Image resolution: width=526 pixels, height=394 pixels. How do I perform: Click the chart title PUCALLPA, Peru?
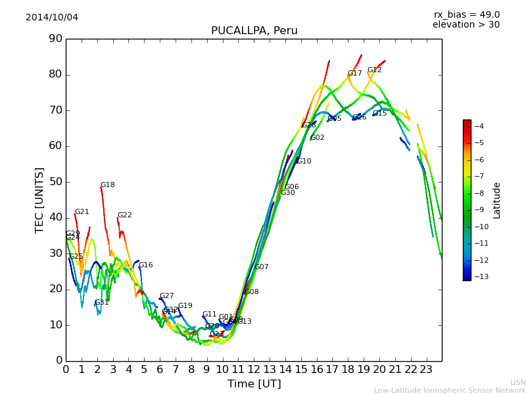click(x=254, y=31)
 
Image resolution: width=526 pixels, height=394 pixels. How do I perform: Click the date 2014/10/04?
click(x=52, y=18)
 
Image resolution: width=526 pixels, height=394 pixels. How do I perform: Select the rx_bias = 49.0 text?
click(x=466, y=15)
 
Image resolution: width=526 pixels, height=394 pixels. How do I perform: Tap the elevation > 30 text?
click(x=466, y=25)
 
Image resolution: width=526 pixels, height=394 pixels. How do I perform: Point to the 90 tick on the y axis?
click(x=55, y=39)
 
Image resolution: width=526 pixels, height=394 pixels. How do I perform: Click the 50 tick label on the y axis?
click(x=55, y=182)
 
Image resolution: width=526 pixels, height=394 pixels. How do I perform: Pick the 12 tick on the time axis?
click(x=254, y=369)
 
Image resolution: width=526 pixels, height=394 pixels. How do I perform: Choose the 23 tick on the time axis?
click(x=426, y=369)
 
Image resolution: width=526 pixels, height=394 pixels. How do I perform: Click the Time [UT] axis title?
click(x=254, y=383)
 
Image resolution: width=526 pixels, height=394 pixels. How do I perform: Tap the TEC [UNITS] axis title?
click(x=39, y=200)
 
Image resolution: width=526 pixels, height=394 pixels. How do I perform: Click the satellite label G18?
click(x=108, y=185)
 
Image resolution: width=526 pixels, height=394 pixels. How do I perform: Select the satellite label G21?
click(x=82, y=212)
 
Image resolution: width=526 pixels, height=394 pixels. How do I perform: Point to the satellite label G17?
click(x=355, y=74)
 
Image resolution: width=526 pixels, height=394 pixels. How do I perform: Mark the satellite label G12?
click(x=375, y=70)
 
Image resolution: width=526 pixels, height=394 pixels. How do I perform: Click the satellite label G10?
click(x=304, y=162)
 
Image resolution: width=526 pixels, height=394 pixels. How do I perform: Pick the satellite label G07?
click(x=262, y=267)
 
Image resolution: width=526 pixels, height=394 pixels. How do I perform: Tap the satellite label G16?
click(x=146, y=265)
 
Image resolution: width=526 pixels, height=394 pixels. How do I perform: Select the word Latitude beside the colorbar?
click(x=497, y=200)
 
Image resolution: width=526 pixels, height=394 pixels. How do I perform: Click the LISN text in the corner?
click(x=517, y=382)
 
